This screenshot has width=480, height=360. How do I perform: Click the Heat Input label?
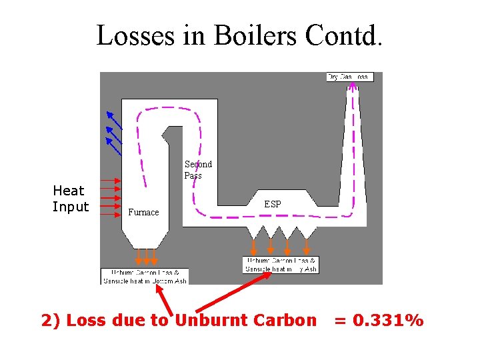[71, 199]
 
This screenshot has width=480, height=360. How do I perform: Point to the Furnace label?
[143, 213]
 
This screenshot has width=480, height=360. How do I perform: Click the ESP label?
[273, 204]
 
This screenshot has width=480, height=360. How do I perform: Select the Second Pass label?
[198, 169]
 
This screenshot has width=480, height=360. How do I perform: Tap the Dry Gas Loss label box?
[350, 77]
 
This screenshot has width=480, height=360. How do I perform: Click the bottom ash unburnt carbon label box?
[145, 277]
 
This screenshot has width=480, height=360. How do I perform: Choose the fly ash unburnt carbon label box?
[281, 265]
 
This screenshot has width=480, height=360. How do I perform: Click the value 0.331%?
[379, 321]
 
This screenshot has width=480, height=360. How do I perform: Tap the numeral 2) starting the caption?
[51, 321]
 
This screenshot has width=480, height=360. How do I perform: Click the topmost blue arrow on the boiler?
[113, 119]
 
